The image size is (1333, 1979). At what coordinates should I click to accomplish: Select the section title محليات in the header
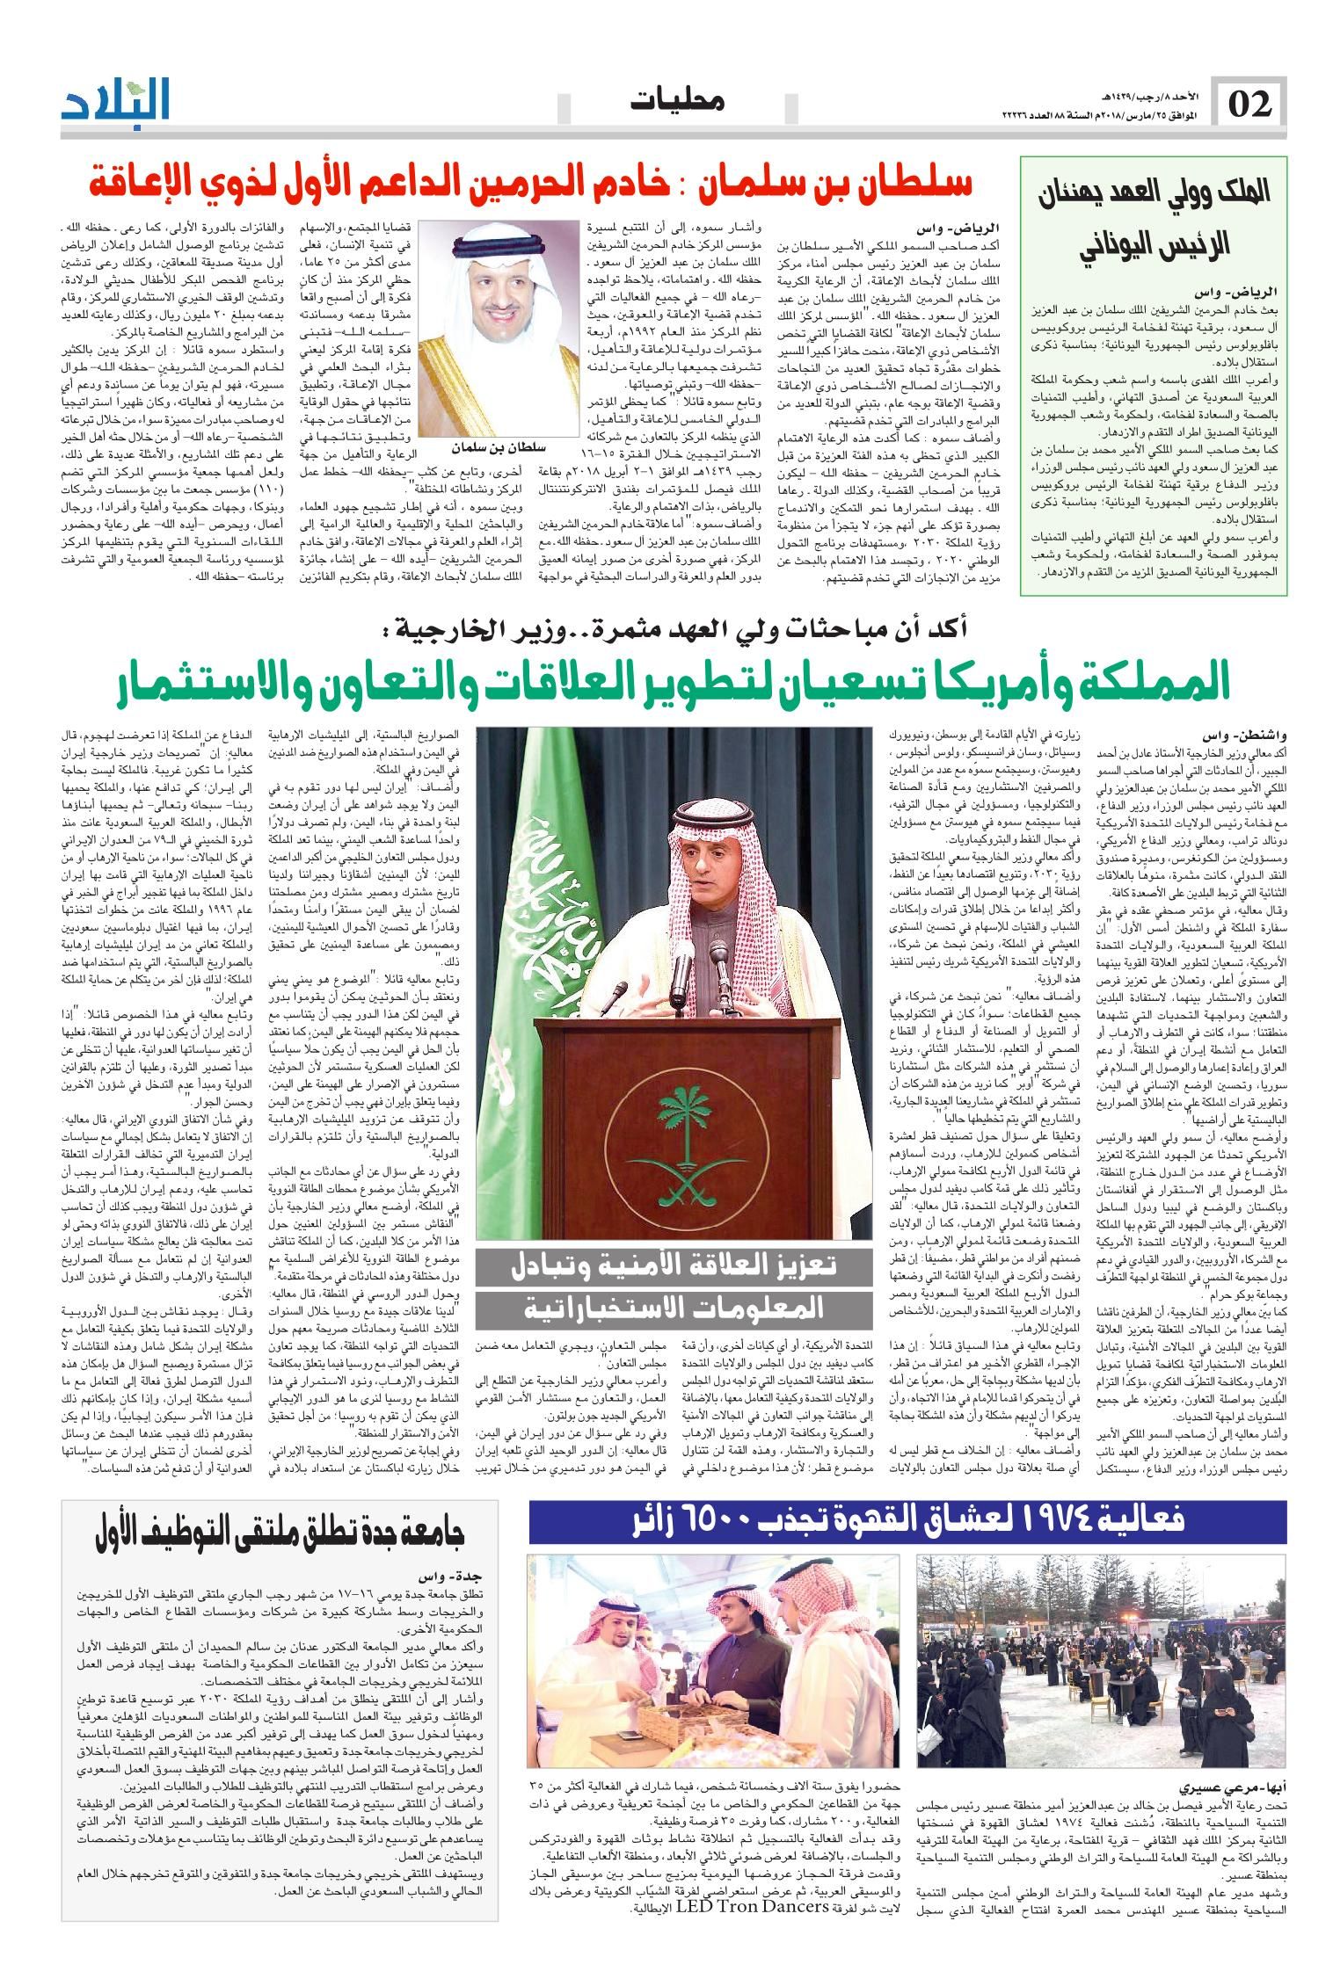click(x=679, y=103)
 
